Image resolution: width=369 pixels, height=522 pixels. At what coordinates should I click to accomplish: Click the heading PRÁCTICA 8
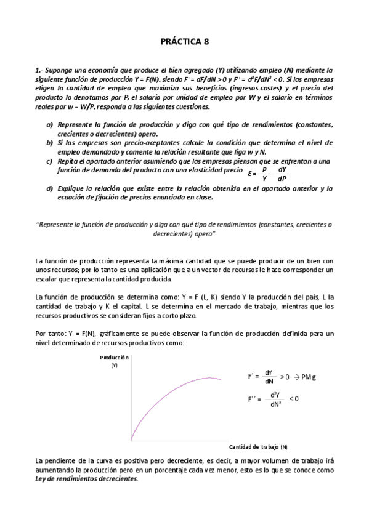point(184,42)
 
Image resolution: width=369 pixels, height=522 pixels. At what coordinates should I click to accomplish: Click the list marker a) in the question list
point(50,125)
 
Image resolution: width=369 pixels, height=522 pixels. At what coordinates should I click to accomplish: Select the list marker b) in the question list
point(50,142)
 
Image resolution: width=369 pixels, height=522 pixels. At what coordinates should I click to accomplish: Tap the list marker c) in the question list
point(50,161)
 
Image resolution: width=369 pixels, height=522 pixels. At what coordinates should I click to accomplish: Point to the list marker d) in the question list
point(50,188)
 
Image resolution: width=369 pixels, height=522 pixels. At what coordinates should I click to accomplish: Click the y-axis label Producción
point(113,358)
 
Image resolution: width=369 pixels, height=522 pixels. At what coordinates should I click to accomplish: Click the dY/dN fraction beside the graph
point(269,377)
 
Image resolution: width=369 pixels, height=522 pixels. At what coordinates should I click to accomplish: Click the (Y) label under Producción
point(114,365)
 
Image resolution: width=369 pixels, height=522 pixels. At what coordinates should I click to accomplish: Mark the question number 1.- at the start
point(39,71)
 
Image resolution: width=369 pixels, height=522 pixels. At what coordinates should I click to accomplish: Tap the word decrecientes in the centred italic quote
point(184,235)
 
